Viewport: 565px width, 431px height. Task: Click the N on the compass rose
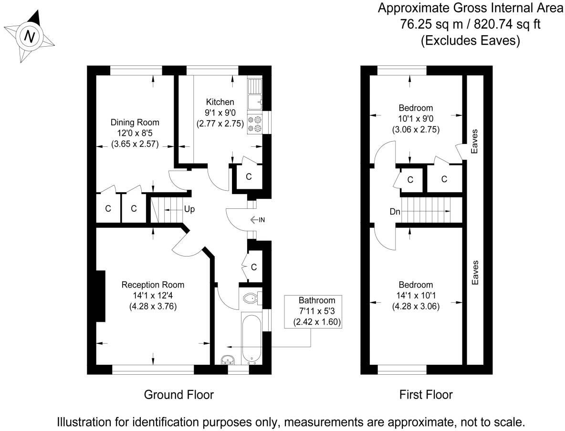(x=30, y=36)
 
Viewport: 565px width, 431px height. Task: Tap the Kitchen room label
(x=220, y=102)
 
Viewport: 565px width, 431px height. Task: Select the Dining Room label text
(x=135, y=123)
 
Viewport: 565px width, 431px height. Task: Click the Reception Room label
(x=153, y=285)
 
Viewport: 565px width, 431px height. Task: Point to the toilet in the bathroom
(x=251, y=298)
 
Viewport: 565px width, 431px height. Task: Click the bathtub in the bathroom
(x=251, y=338)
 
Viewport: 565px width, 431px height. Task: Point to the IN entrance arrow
(x=258, y=220)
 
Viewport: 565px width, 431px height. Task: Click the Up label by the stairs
(x=189, y=209)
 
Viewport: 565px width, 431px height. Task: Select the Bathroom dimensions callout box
(x=313, y=311)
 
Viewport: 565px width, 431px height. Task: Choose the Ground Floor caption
(x=178, y=395)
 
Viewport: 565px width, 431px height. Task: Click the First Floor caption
(x=426, y=395)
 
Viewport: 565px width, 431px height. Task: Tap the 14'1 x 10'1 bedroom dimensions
(x=416, y=296)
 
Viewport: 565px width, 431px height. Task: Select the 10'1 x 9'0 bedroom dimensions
(x=416, y=119)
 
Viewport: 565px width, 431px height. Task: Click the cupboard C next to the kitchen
(x=249, y=177)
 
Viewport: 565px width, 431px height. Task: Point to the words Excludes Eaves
(x=470, y=41)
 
